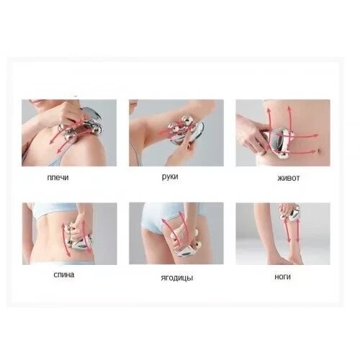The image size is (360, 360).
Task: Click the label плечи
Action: [x=58, y=178]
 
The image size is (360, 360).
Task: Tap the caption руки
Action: [x=170, y=177]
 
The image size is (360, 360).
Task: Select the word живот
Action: [x=288, y=178]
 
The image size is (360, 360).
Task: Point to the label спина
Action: [x=64, y=274]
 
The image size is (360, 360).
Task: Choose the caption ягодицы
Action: [x=177, y=278]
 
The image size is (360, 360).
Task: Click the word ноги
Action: [x=282, y=277]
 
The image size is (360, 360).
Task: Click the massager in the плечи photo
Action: [x=83, y=126]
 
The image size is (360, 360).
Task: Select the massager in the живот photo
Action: [x=279, y=142]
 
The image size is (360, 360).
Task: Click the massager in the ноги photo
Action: [x=290, y=213]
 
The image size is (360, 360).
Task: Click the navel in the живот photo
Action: [x=318, y=150]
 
